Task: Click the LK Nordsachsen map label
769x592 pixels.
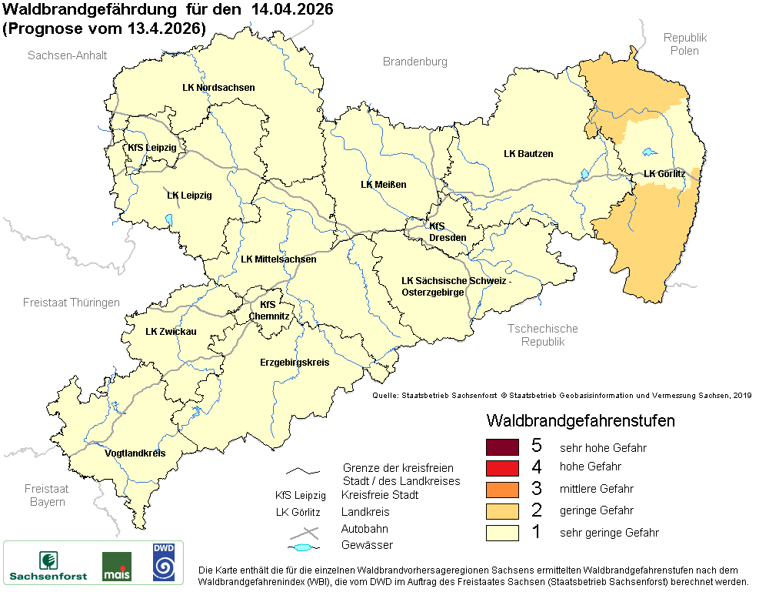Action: [218, 88]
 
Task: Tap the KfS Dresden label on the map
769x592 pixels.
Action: [448, 232]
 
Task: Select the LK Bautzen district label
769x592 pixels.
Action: [528, 154]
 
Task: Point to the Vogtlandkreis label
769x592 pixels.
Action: [135, 453]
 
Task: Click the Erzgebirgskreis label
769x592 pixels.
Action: [295, 362]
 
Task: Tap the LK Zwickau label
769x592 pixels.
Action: [171, 332]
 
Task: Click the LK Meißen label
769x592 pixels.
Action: [383, 185]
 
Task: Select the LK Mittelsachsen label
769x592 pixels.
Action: [278, 259]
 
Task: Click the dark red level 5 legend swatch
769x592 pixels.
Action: [503, 447]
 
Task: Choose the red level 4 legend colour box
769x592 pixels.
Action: [503, 467]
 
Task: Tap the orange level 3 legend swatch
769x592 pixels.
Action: [503, 489]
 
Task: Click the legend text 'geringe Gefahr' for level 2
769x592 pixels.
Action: [596, 510]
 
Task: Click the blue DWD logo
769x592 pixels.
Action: [163, 561]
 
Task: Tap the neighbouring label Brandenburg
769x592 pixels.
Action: [414, 62]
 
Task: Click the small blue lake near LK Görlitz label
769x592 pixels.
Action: [651, 152]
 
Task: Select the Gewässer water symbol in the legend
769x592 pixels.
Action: [305, 547]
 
